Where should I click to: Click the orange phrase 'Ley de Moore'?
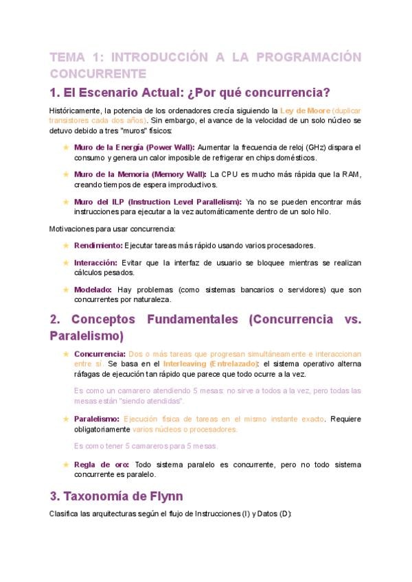[x=305, y=110]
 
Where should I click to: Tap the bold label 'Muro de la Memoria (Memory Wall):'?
[x=140, y=174]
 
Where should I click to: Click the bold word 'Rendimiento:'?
[x=98, y=245]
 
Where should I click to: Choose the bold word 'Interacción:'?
[x=96, y=262]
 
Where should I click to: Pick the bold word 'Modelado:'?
[x=93, y=290]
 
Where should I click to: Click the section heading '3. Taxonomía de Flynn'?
[x=117, y=496]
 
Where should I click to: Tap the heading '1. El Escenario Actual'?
[x=190, y=92]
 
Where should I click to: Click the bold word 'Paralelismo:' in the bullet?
[x=97, y=419]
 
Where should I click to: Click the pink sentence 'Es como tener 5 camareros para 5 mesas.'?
[x=145, y=445]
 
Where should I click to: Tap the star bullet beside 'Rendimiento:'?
[x=66, y=245]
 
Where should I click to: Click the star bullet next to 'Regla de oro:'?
[x=66, y=464]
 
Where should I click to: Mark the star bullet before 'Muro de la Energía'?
[x=66, y=147]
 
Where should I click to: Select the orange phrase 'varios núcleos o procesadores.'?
[x=185, y=429]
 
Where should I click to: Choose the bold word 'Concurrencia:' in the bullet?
[x=100, y=353]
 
